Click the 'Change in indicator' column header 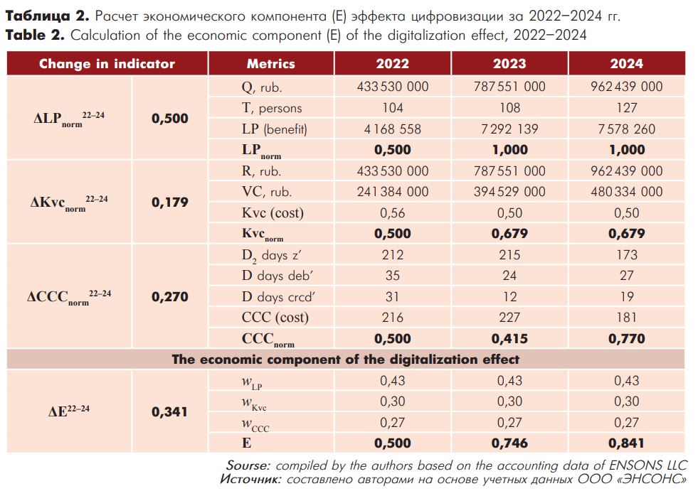(x=107, y=64)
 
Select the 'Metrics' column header (x=270, y=64)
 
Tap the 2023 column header (x=509, y=64)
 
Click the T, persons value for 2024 (x=626, y=108)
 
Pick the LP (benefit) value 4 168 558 (x=392, y=129)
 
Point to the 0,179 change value (x=169, y=203)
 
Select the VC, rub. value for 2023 (x=509, y=192)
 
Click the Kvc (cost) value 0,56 (x=392, y=213)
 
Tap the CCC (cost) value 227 (x=509, y=318)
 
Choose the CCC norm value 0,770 (x=626, y=339)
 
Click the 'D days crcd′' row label (x=278, y=296)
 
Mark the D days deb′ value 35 (x=392, y=276)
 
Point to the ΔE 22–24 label (x=69, y=411)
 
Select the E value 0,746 (x=509, y=443)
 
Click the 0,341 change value (x=169, y=412)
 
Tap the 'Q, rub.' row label (x=262, y=87)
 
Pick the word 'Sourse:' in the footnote (x=248, y=465)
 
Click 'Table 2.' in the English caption (x=35, y=35)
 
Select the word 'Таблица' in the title (x=38, y=16)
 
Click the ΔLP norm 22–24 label (x=69, y=119)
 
